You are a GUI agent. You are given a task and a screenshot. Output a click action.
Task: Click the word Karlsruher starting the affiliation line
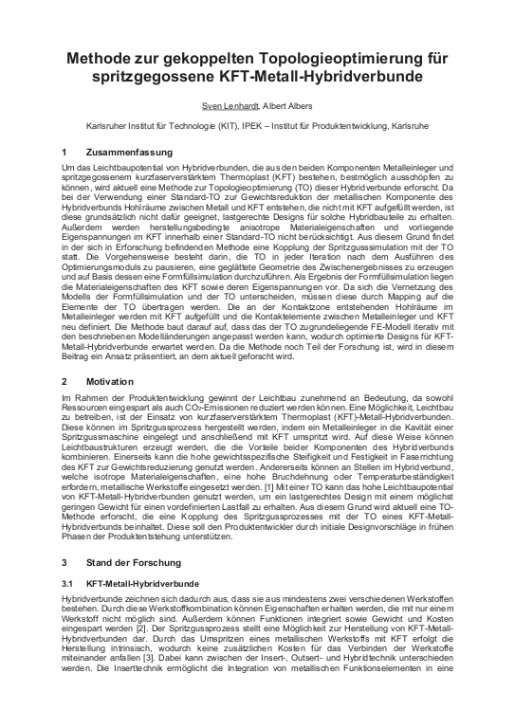coord(81,123)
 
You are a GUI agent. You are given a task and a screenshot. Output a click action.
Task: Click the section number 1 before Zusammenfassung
coord(63,152)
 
